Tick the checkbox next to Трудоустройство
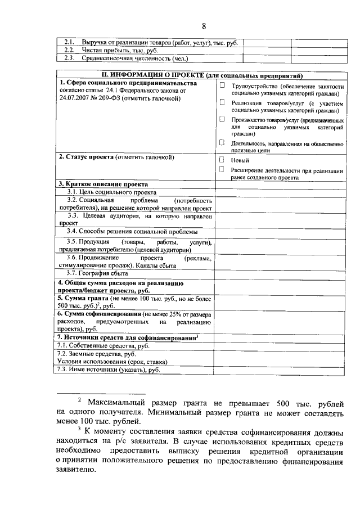[x=222, y=85]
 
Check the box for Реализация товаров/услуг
[x=222, y=102]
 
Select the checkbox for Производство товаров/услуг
[x=222, y=119]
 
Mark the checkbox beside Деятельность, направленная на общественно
[x=222, y=143]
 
